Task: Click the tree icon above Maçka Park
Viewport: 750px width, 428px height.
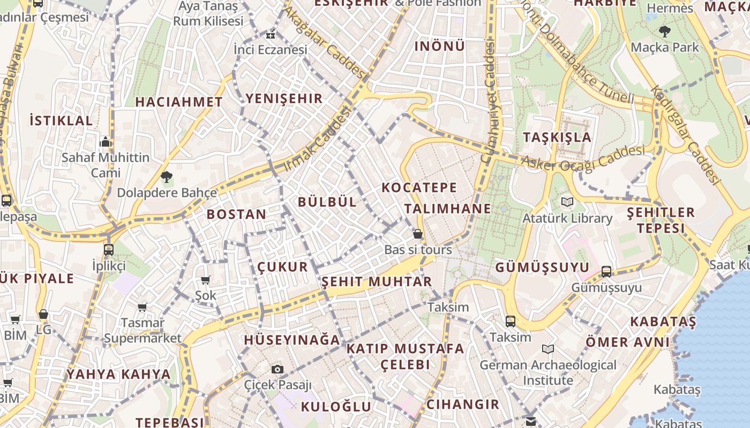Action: (665, 32)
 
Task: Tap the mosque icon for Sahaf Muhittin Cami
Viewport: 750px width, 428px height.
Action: (106, 142)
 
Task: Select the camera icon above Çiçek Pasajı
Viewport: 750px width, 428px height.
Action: (277, 369)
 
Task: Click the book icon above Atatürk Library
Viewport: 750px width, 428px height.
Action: (567, 202)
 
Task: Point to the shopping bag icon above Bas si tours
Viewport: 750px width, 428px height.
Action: (418, 234)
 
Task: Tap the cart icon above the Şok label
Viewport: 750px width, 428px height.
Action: (205, 280)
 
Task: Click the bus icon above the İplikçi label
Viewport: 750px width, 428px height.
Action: (109, 249)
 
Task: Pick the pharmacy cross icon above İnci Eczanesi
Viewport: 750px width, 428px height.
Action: (270, 35)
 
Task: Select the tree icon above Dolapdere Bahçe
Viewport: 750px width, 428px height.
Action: (167, 177)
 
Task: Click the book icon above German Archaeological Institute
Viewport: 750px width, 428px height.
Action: (547, 349)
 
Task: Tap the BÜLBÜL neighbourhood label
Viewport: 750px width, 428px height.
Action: (327, 202)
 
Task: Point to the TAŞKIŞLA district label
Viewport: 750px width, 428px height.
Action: (557, 137)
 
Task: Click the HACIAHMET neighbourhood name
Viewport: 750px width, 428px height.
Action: (178, 102)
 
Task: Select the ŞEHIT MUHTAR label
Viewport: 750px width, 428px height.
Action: (377, 281)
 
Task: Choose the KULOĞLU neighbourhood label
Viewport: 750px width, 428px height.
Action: (336, 407)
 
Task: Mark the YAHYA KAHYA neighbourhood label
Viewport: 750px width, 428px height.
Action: (118, 374)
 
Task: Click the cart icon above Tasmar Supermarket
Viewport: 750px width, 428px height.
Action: (142, 307)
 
